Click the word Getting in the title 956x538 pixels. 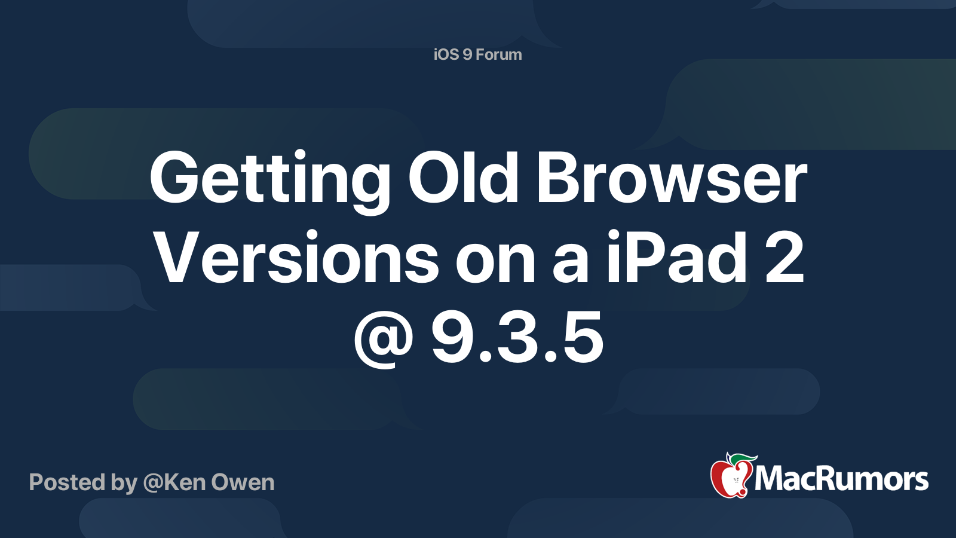click(x=269, y=182)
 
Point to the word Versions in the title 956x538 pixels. click(x=296, y=256)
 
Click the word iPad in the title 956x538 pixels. click(x=677, y=256)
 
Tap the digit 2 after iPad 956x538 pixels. click(x=785, y=257)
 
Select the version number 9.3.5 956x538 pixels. click(x=517, y=337)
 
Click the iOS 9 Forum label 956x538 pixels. click(x=477, y=54)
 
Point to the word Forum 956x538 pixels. click(x=498, y=54)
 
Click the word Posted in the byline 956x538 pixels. click(x=67, y=482)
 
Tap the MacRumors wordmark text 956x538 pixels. click(x=841, y=479)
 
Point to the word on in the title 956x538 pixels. click(x=495, y=262)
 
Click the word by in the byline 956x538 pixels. click(x=124, y=484)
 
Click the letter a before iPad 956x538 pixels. click(x=571, y=262)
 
